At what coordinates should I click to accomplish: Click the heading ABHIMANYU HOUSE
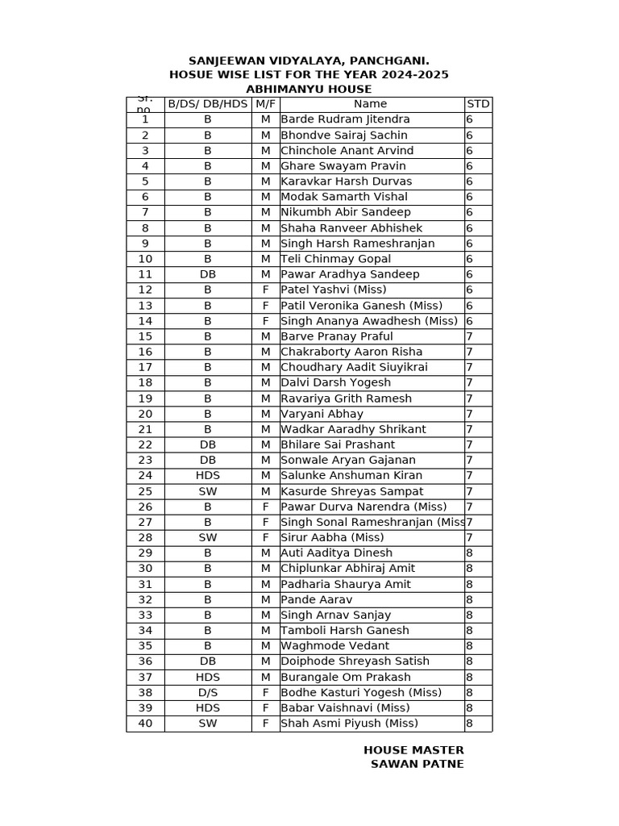309,90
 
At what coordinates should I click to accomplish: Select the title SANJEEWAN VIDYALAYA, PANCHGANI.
309,60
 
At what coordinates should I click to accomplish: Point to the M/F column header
265,104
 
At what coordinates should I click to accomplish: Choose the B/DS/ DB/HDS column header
207,104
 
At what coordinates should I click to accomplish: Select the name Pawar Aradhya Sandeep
350,274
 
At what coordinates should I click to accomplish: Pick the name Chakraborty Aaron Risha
351,352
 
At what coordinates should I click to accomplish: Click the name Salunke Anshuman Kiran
351,476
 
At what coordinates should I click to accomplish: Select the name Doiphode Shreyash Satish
355,661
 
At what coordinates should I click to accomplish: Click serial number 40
145,724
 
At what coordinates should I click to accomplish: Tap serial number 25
145,491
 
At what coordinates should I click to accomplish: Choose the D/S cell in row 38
207,692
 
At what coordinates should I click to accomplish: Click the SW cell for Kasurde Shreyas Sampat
207,491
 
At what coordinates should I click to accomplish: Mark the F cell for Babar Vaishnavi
265,708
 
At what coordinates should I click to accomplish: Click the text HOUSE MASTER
413,750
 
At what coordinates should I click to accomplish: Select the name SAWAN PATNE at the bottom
417,764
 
